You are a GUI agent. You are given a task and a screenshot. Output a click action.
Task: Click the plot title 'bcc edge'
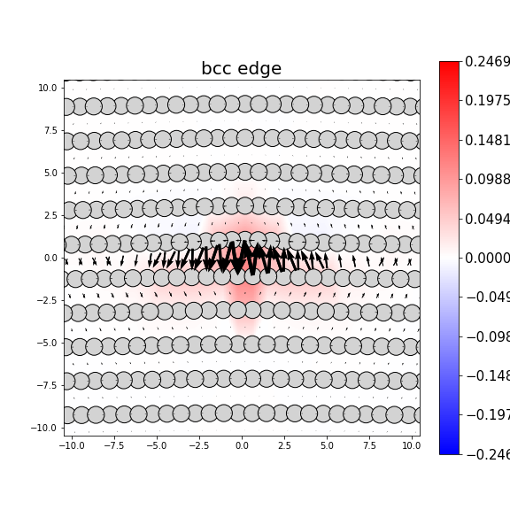pos(241,69)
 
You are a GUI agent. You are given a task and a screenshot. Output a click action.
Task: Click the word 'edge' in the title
pos(260,69)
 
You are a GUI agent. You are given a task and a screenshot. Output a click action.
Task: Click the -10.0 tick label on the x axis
pos(72,446)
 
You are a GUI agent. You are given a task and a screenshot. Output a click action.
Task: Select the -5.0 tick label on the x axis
pos(156,446)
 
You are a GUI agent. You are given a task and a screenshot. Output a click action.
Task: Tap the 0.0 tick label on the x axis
pos(242,446)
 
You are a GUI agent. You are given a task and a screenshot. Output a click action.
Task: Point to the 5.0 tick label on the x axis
pos(327,446)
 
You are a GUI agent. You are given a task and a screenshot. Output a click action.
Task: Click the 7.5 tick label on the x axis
pos(369,446)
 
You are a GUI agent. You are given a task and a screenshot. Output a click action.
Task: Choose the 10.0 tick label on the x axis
pos(410,446)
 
